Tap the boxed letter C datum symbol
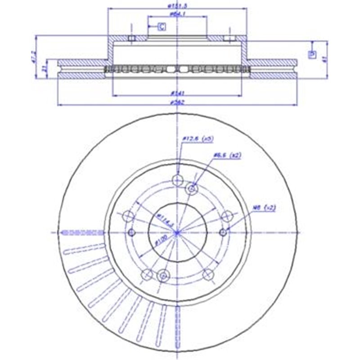click(161, 27)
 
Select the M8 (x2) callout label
click(263, 208)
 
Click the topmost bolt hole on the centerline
click(178, 180)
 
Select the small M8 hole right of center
click(224, 232)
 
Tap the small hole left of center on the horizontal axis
click(131, 232)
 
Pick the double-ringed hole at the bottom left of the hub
click(164, 275)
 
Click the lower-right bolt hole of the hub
click(207, 274)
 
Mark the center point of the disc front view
click(178, 232)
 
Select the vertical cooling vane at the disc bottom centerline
click(178, 324)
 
